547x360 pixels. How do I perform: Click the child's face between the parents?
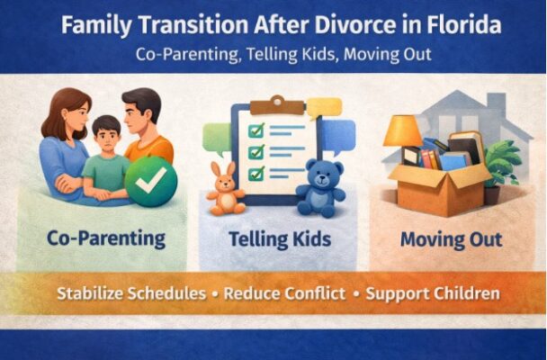[x=107, y=137]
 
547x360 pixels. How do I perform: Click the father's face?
[x=142, y=116]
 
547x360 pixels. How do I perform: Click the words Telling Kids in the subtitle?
[x=305, y=54]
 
